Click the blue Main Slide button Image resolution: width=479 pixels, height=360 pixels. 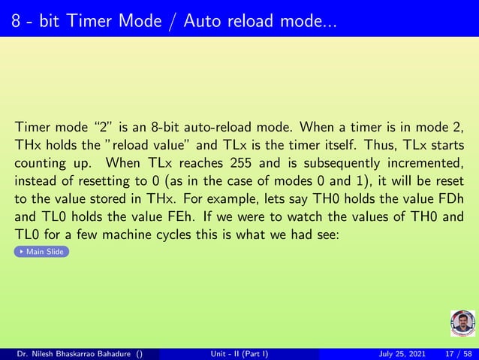click(41, 252)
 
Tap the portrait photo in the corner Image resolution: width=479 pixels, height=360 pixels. click(462, 323)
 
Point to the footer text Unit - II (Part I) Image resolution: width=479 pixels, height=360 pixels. click(239, 354)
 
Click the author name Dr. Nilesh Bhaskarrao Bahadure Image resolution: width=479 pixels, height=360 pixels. click(71, 354)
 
